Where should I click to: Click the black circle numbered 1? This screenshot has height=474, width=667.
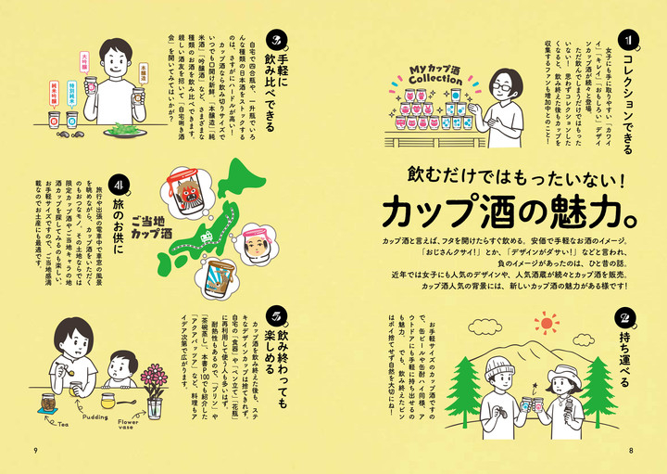tap(626, 40)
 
